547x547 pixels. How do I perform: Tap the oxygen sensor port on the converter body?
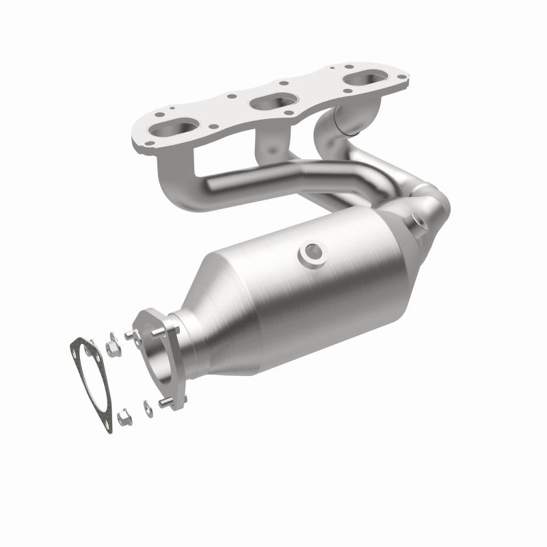point(311,252)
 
